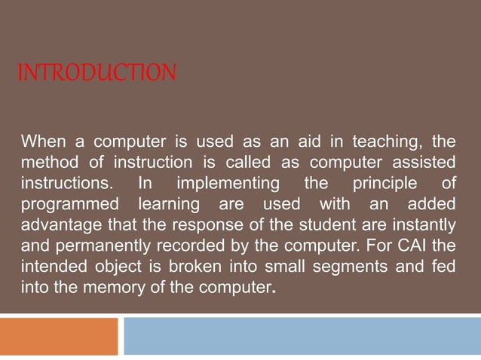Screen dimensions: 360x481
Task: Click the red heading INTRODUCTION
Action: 97,73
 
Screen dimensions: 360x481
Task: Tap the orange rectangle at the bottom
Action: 59,336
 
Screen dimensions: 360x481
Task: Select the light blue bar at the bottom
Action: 302,336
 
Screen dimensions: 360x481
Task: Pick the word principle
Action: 381,184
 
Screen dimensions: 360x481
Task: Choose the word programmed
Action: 69,205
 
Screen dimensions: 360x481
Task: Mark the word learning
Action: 170,205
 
